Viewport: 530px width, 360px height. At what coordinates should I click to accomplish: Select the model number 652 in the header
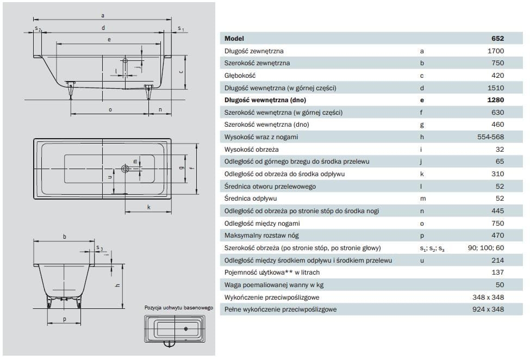(x=498, y=39)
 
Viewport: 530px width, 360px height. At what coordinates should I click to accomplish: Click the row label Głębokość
(x=240, y=76)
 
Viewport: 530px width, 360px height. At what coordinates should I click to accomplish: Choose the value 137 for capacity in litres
(x=498, y=272)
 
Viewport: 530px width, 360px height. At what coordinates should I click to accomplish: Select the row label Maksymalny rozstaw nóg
(x=261, y=235)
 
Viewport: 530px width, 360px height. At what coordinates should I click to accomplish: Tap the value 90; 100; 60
(x=485, y=248)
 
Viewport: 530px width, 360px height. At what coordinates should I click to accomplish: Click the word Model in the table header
(x=234, y=39)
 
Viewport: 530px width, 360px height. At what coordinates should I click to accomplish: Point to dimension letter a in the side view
(x=103, y=15)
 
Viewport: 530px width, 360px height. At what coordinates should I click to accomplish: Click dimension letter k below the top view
(x=148, y=207)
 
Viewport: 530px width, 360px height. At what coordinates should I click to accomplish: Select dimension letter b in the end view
(x=64, y=236)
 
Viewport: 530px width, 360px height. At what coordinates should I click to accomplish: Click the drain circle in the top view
(x=126, y=169)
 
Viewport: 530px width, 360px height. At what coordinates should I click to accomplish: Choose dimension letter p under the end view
(x=64, y=320)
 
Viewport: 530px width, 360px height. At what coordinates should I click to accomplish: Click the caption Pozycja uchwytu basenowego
(x=178, y=308)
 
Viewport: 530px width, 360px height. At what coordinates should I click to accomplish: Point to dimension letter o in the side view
(x=110, y=109)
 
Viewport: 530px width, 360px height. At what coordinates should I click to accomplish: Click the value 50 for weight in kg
(x=500, y=285)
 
